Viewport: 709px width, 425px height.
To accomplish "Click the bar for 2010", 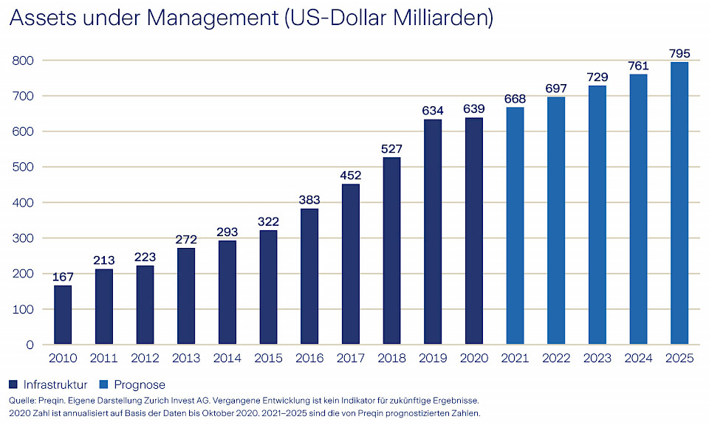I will (x=64, y=315).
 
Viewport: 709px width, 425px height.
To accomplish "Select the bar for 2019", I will (x=433, y=232).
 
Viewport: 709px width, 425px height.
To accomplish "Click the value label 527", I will (x=392, y=148).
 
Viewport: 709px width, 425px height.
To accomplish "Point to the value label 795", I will (x=679, y=53).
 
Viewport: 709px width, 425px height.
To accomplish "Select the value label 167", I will (x=64, y=276).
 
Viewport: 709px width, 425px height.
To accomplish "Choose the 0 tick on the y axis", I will (x=30, y=345).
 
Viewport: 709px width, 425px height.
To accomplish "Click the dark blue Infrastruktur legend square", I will (x=13, y=384).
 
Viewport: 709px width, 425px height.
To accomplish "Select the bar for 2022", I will (x=556, y=221).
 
